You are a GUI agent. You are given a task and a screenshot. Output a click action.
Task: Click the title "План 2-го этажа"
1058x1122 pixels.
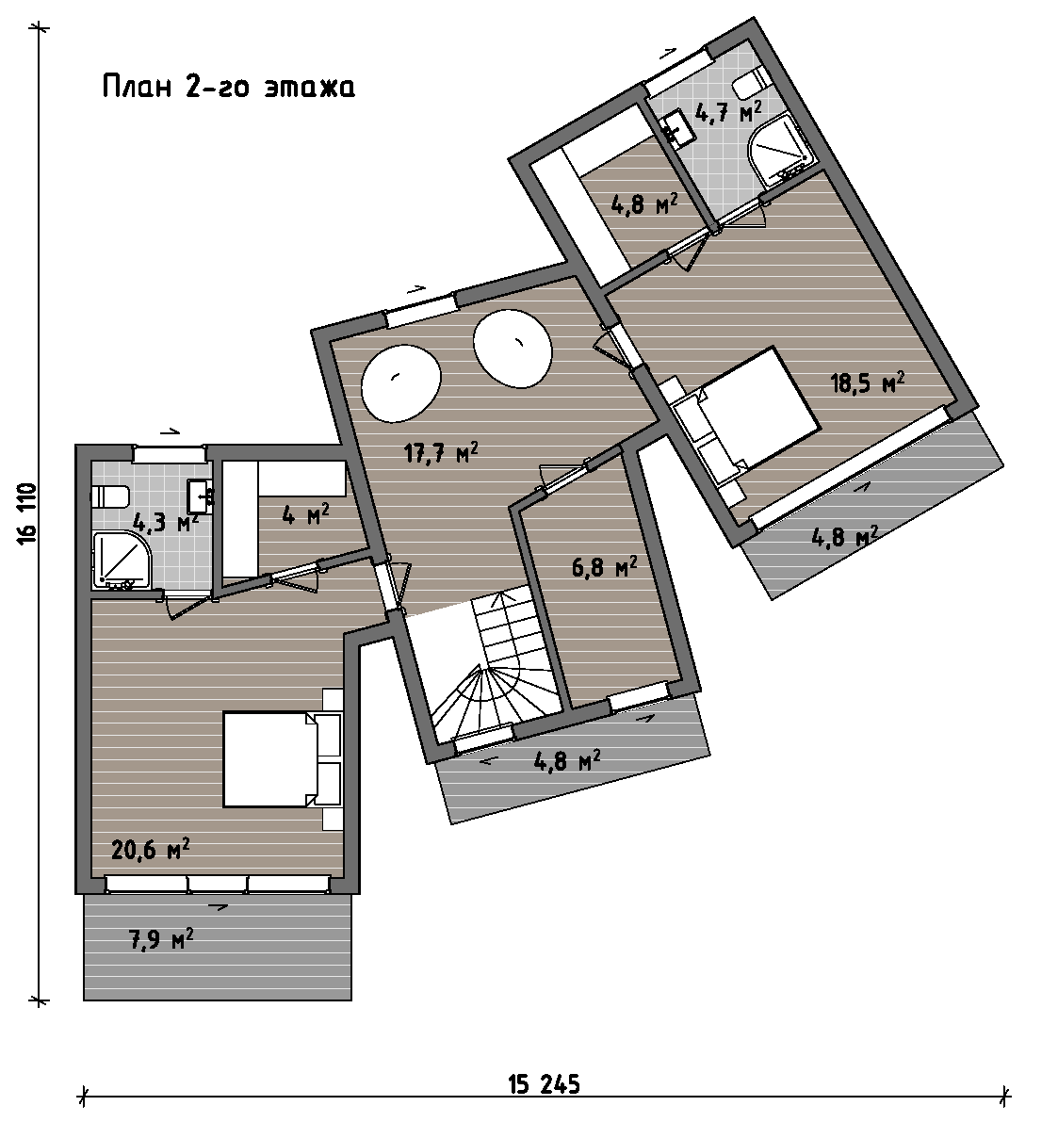point(228,87)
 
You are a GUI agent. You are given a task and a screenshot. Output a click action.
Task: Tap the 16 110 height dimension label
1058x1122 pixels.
point(26,513)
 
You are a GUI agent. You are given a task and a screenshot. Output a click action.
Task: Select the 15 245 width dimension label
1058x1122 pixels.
point(544,1084)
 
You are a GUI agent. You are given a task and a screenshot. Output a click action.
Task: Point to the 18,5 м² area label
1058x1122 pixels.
point(868,382)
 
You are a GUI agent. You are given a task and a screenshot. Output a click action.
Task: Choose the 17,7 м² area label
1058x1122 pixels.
point(441,452)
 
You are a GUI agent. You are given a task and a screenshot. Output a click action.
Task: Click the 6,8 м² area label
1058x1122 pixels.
point(604,567)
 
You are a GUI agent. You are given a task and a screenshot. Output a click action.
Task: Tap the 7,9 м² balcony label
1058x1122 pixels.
point(160,939)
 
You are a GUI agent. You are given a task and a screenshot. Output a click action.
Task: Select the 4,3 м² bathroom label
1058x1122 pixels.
point(166,522)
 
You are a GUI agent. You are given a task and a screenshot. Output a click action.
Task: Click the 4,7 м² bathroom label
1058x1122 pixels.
point(728,111)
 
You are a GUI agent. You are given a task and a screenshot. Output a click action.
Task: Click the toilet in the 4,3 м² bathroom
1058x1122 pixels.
point(110,496)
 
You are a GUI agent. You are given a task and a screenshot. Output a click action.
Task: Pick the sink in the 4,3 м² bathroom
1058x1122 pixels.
point(200,496)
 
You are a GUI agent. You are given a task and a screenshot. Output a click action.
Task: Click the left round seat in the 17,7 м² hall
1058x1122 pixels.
point(400,382)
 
